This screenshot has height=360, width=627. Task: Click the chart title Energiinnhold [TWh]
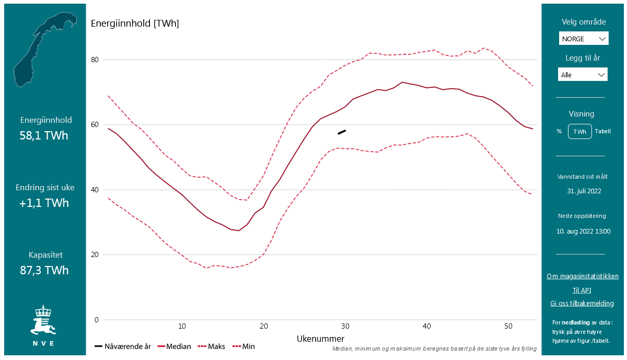(x=135, y=24)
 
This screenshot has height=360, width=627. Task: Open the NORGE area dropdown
(x=583, y=39)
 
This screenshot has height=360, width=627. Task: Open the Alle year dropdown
(x=583, y=75)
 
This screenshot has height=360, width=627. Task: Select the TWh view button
(x=580, y=132)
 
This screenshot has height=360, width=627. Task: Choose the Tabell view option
(x=602, y=132)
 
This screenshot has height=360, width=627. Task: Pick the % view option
(x=559, y=132)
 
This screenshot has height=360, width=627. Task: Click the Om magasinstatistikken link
(x=583, y=276)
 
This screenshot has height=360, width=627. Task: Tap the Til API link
(x=582, y=291)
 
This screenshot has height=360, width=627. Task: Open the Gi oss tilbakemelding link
(x=582, y=304)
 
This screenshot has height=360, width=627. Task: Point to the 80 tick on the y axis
(x=95, y=60)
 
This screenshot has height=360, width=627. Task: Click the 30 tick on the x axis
(x=345, y=326)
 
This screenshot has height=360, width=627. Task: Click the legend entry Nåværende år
(x=123, y=346)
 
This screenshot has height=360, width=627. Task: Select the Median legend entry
(x=174, y=346)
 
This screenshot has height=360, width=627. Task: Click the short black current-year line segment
(x=342, y=132)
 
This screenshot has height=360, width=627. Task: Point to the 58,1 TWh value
(x=44, y=136)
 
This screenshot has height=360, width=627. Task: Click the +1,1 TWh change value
(x=44, y=203)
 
